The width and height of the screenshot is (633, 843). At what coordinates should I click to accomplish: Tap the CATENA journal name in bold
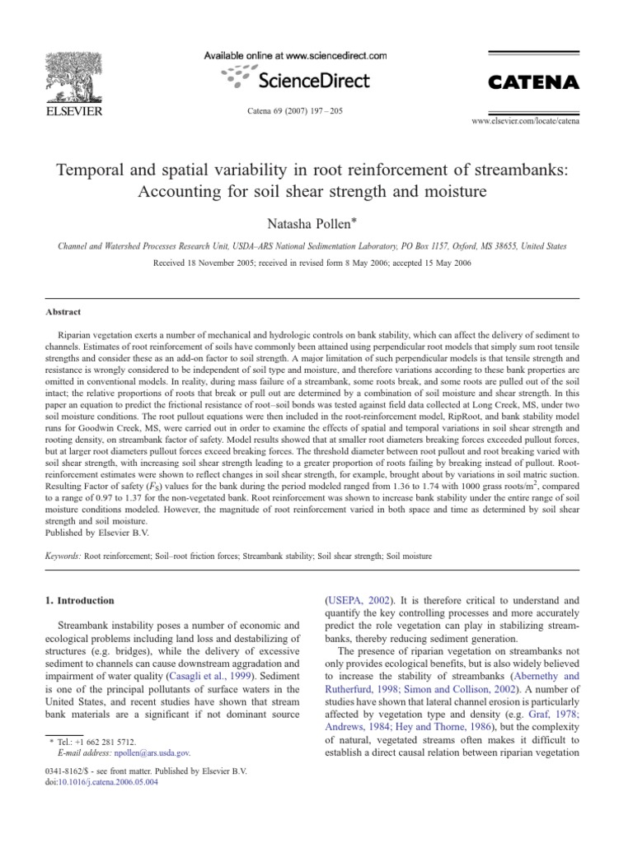pyautogui.click(x=534, y=82)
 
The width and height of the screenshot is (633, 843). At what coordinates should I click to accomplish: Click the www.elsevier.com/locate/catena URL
pyautogui.click(x=525, y=121)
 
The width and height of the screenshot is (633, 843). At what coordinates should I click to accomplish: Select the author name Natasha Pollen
pyautogui.click(x=314, y=223)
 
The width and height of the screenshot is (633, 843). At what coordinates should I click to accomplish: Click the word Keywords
pyautogui.click(x=64, y=557)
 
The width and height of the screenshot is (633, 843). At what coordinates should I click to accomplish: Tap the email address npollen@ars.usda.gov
pyautogui.click(x=153, y=752)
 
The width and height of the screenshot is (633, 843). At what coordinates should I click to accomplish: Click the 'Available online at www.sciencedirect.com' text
pyautogui.click(x=295, y=55)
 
